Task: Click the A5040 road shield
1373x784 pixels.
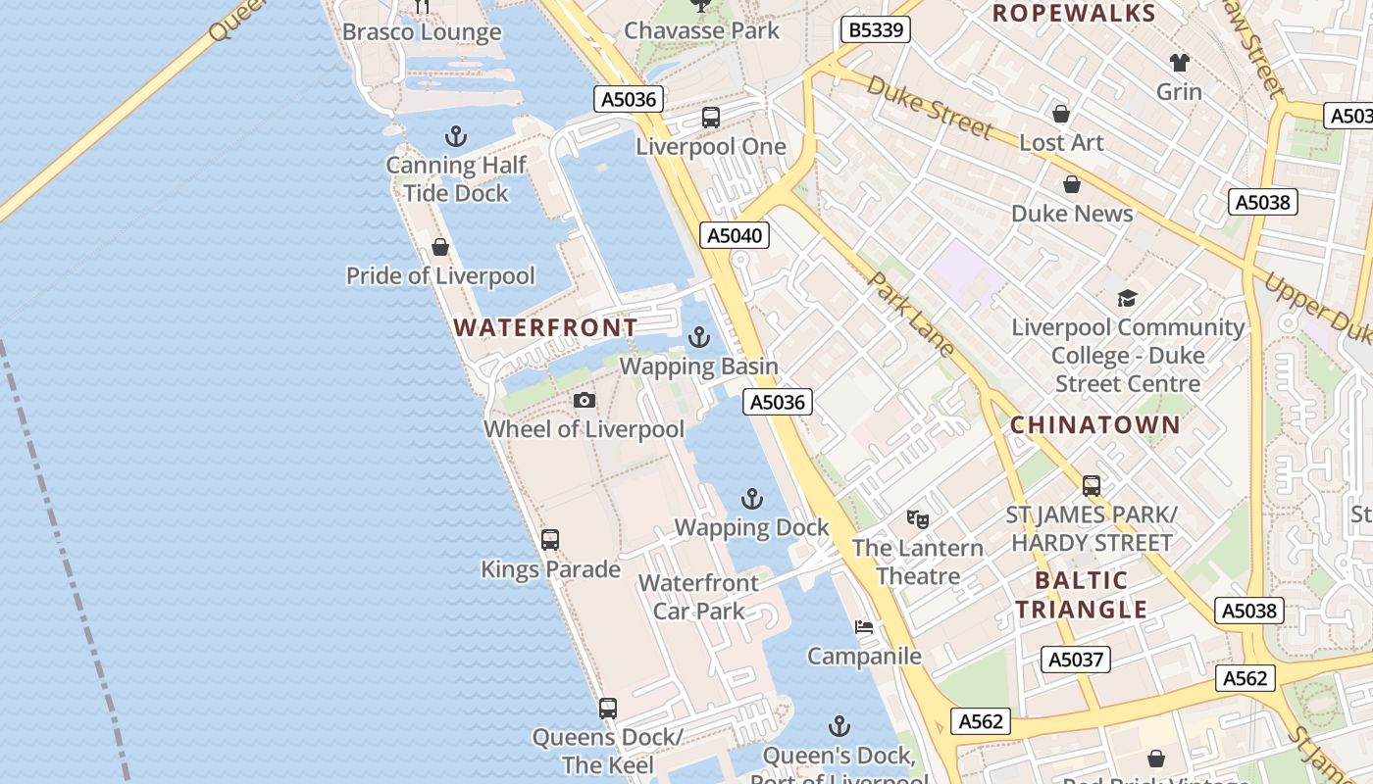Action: point(735,235)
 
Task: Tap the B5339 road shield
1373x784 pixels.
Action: point(876,30)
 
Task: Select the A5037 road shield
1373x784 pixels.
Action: point(1077,660)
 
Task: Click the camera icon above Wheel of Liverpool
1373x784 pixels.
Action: point(585,400)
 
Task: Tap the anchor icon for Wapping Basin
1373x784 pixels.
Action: point(698,338)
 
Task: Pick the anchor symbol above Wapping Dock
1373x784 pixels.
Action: point(751,499)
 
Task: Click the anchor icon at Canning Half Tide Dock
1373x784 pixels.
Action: point(456,136)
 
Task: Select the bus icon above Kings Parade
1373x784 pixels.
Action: point(550,539)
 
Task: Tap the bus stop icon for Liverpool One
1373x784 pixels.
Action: point(711,118)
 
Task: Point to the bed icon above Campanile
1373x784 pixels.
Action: point(864,627)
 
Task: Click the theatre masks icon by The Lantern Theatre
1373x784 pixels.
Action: point(917,518)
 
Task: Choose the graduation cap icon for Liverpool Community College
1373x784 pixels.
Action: point(1127,298)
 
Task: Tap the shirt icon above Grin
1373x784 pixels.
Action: point(1179,63)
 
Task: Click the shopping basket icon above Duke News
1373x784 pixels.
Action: point(1072,184)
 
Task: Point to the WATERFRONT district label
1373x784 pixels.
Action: point(545,327)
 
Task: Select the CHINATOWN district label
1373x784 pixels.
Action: point(1095,425)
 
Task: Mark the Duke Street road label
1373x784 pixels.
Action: point(931,108)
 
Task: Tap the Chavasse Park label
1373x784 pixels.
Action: point(702,31)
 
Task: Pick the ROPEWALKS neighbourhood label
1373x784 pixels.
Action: point(1074,14)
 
